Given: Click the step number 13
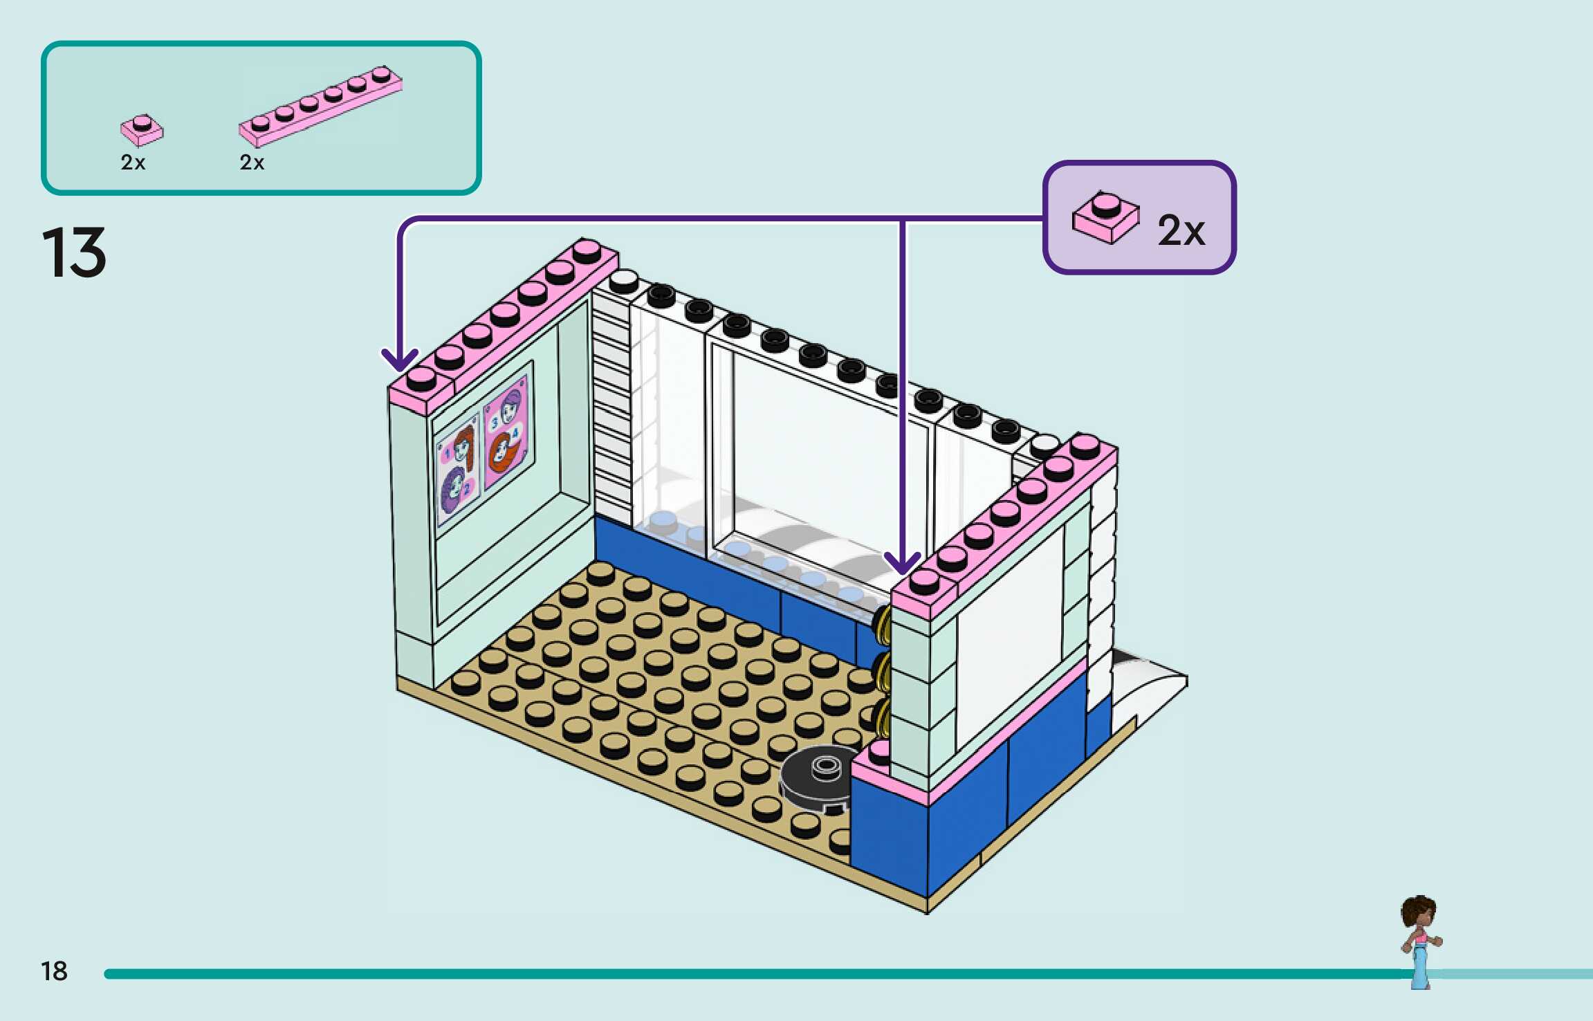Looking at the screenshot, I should (75, 252).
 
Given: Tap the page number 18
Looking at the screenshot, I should (54, 971).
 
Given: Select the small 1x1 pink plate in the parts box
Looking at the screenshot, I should (142, 130).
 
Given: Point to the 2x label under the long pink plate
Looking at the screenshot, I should (252, 163).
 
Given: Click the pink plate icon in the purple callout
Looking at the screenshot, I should (1105, 217).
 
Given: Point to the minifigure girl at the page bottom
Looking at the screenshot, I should (1420, 941).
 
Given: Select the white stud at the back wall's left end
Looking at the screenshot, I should (623, 279).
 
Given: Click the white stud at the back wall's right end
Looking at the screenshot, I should (1044, 443).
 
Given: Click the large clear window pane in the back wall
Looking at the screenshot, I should (816, 457).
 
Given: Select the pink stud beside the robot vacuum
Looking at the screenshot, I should (879, 750).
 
